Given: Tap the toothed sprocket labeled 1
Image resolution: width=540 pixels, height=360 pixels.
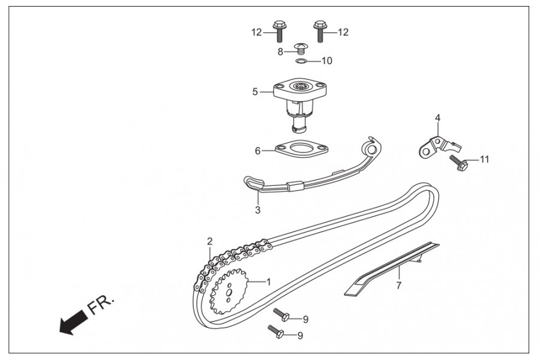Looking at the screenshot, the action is (229, 292).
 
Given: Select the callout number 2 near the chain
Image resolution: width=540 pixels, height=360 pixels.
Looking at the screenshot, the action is (210, 241).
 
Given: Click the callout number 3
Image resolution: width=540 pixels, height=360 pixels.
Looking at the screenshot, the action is (257, 210).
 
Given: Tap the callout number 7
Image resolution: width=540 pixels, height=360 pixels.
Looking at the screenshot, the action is (399, 286).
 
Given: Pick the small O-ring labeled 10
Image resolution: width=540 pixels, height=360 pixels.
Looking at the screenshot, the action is (301, 61).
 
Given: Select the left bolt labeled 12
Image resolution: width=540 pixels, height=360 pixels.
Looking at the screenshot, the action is (278, 31).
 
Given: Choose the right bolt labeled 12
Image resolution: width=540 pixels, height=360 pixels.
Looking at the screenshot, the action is (320, 31).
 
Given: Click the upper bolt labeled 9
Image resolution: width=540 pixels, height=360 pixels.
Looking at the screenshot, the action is (282, 315).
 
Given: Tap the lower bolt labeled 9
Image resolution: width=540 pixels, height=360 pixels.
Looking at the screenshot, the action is (276, 331).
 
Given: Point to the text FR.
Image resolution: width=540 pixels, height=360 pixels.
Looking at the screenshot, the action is (101, 304).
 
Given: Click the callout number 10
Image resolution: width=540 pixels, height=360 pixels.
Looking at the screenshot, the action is (327, 61).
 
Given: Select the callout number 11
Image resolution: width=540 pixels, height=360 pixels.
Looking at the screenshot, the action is (485, 160).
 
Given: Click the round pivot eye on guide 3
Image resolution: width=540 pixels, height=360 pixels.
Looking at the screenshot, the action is (372, 149).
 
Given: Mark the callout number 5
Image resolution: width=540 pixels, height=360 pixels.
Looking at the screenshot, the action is (255, 92).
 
